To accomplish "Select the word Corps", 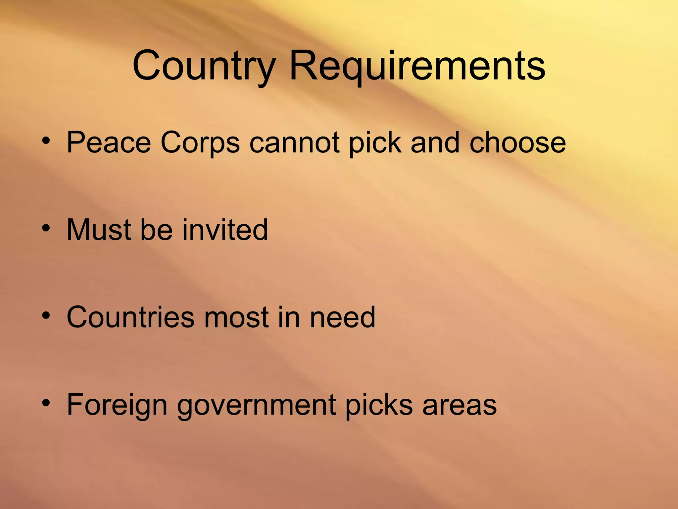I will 200,143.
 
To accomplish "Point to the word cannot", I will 294,143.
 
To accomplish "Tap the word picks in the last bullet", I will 379,405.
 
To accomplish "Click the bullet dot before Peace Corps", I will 46,141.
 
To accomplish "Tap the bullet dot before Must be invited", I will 46,228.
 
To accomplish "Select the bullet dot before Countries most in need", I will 46,316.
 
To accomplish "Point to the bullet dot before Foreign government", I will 46,403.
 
